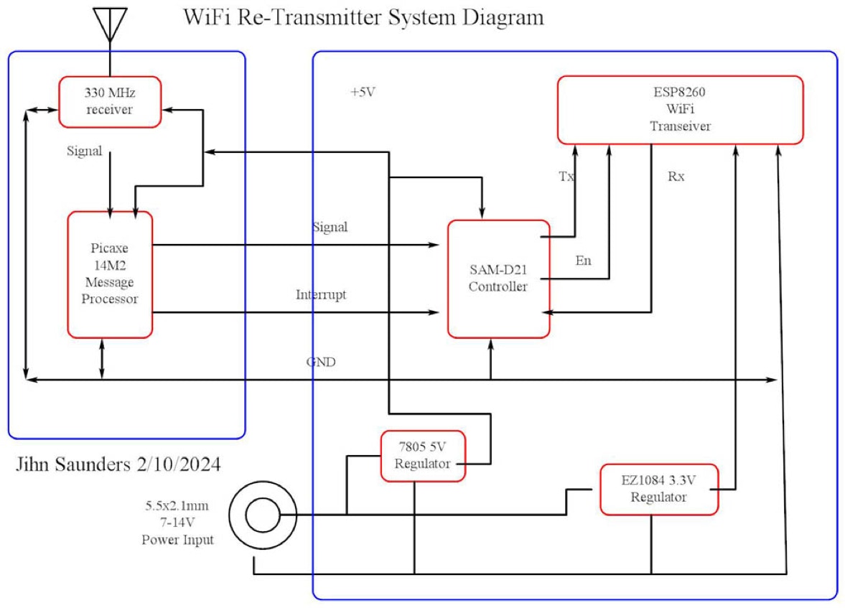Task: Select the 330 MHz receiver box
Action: click(x=110, y=102)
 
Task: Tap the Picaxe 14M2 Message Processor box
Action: click(x=110, y=273)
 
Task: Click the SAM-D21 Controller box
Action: click(x=498, y=279)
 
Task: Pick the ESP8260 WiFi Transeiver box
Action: click(x=680, y=109)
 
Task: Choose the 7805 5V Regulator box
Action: click(x=423, y=456)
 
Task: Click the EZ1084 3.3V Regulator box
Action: click(x=658, y=489)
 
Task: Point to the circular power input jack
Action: click(x=261, y=515)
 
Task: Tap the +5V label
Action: click(x=363, y=92)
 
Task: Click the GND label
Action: click(x=321, y=363)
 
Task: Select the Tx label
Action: click(x=566, y=176)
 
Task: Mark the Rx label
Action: click(x=676, y=176)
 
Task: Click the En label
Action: click(x=584, y=261)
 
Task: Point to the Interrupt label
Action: click(x=321, y=295)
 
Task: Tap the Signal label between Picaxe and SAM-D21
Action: click(x=330, y=227)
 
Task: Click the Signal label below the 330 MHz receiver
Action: click(x=84, y=151)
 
